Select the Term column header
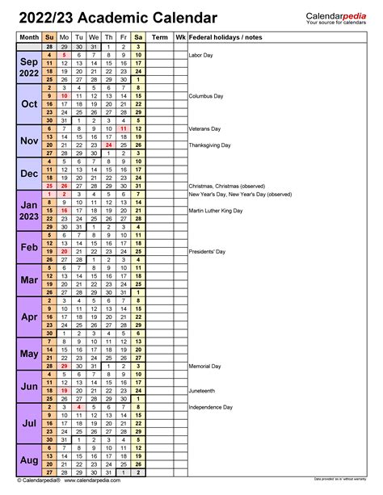pyautogui.click(x=160, y=37)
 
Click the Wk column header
pyautogui.click(x=179, y=37)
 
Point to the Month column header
pyautogui.click(x=28, y=37)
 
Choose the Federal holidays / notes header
pyautogui.click(x=227, y=37)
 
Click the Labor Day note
pyautogui.click(x=201, y=55)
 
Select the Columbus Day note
pyautogui.click(x=206, y=96)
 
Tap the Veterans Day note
pyautogui.click(x=205, y=128)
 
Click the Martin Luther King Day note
pyautogui.click(x=218, y=212)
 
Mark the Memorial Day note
pyautogui.click(x=204, y=367)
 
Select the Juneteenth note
pyautogui.click(x=202, y=392)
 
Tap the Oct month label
pyautogui.click(x=29, y=104)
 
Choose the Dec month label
pyautogui.click(x=29, y=174)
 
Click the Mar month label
pyautogui.click(x=29, y=279)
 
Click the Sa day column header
pyautogui.click(x=138, y=37)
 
